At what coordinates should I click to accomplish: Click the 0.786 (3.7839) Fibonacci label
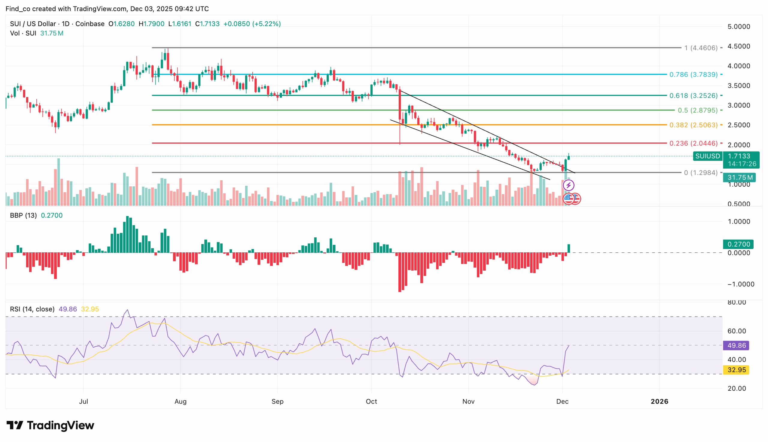click(693, 74)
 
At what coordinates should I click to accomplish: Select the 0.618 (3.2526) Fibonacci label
click(693, 96)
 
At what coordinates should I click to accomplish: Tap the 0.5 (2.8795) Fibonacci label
click(697, 110)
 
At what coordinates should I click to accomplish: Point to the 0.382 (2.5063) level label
click(693, 125)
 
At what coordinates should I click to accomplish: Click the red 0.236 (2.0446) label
click(693, 143)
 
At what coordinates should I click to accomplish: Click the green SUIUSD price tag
click(707, 156)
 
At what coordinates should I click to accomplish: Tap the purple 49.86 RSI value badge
click(736, 345)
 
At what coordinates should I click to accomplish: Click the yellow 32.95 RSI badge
click(736, 370)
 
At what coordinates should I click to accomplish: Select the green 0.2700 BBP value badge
click(738, 244)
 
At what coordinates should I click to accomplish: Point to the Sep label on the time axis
click(277, 401)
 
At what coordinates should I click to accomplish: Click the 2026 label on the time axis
click(659, 401)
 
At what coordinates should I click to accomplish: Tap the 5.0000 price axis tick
click(738, 27)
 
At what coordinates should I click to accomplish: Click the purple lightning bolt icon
click(568, 185)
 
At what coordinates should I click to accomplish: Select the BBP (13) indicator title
click(23, 215)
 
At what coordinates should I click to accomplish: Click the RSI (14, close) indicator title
click(32, 309)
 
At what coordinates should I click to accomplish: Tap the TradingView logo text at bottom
click(60, 425)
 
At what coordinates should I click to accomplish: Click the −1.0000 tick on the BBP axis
click(738, 284)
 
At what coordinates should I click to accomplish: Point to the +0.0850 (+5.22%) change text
click(252, 24)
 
